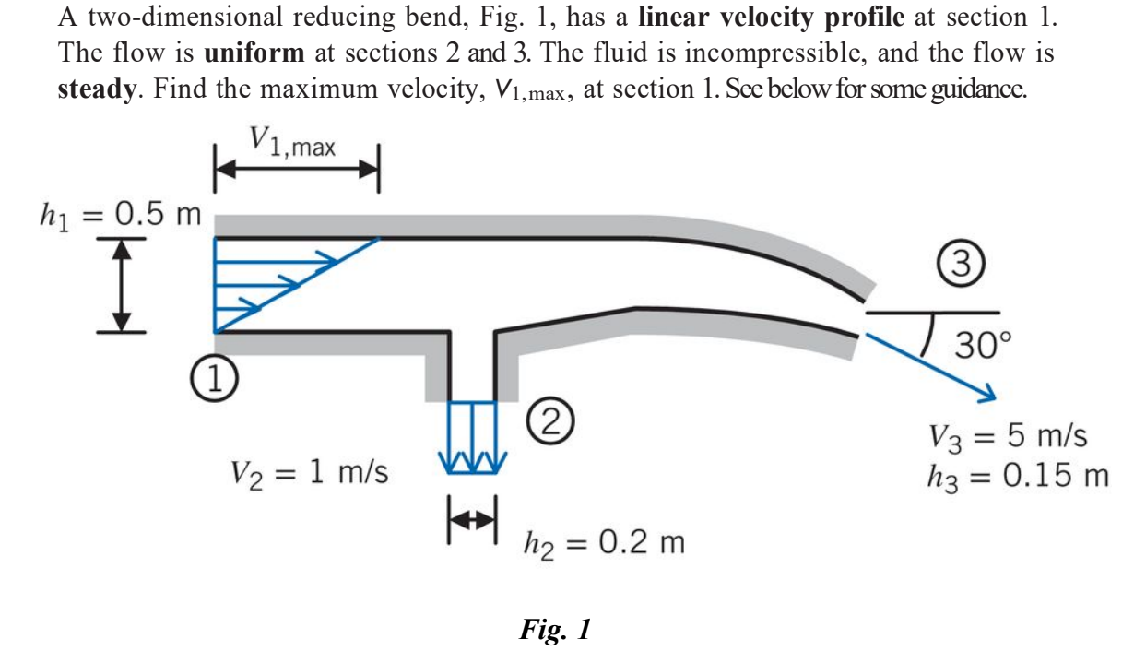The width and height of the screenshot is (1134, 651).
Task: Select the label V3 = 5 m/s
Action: click(1008, 435)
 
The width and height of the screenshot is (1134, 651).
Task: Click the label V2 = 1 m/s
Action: click(309, 474)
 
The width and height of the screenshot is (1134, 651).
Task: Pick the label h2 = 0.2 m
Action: click(603, 542)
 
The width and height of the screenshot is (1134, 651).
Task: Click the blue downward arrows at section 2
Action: click(472, 438)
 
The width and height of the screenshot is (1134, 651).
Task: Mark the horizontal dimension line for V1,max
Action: click(296, 170)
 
